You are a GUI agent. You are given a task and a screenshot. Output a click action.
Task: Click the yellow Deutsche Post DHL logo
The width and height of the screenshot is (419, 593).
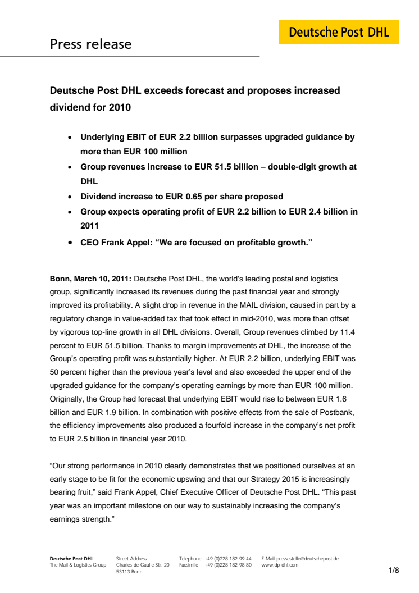339,32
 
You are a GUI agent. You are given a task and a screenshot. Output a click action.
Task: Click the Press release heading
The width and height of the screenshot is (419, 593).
90,44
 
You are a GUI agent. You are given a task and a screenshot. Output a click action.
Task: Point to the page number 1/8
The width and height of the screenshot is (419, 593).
394,571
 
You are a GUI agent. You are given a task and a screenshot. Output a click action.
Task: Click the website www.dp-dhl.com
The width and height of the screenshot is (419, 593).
280,565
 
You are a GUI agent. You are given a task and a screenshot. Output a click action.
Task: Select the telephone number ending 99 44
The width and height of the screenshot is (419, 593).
228,559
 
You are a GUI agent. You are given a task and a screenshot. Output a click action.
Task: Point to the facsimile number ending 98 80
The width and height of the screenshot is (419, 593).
228,565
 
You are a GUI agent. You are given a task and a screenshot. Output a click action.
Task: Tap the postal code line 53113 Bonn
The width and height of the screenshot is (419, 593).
129,572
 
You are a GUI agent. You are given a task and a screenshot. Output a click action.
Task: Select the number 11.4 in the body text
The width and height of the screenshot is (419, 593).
347,331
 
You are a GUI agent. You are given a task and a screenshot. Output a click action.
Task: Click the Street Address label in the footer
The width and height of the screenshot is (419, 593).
131,559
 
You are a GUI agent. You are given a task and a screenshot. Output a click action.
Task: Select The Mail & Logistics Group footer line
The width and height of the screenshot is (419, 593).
78,565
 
